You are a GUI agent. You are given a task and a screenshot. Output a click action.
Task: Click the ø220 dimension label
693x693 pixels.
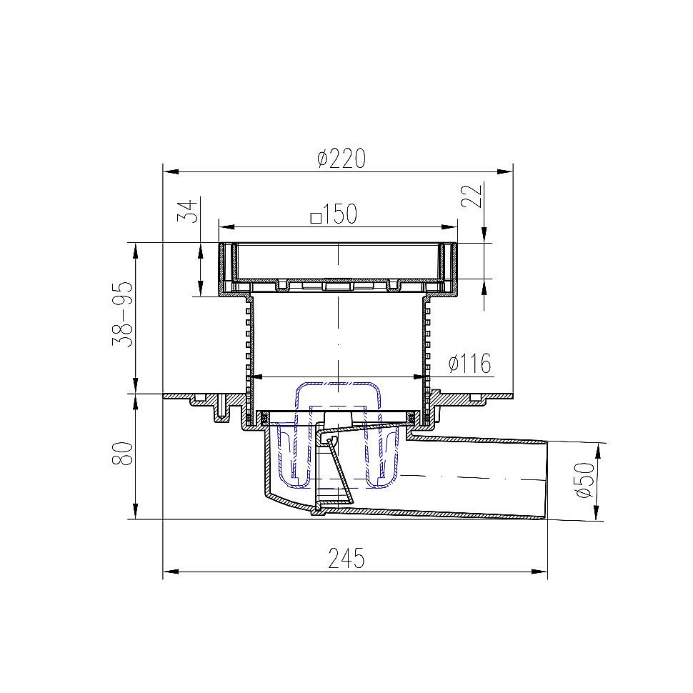[x=341, y=158]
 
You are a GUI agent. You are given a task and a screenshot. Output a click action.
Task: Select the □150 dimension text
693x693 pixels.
[x=334, y=214]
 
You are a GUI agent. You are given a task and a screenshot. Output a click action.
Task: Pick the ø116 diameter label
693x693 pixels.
[x=469, y=364]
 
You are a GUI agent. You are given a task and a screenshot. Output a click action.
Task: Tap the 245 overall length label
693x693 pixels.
[x=347, y=558]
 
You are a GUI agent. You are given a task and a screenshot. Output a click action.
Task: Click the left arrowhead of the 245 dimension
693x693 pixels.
[x=169, y=572]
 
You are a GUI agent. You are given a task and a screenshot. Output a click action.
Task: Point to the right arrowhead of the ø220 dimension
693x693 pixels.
[x=508, y=171]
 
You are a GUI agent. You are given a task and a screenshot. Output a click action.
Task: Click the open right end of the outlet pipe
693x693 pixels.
[x=547, y=479]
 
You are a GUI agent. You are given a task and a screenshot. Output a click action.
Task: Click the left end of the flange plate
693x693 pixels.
[x=166, y=395]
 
